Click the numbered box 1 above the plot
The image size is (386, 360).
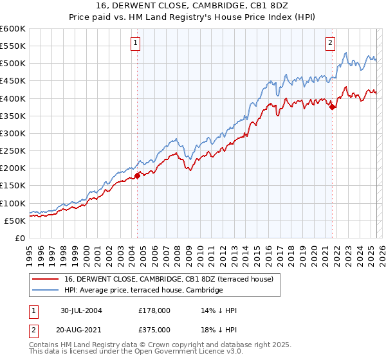pyautogui.click(x=136, y=43)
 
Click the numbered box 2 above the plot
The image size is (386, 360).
pyautogui.click(x=330, y=43)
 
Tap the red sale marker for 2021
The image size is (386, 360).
pyautogui.click(x=333, y=107)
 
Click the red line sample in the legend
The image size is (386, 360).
pyautogui.click(x=45, y=279)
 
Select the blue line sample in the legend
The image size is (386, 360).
pyautogui.click(x=45, y=291)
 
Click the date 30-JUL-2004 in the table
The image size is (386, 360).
pyautogui.click(x=82, y=310)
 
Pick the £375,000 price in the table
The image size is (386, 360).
pyautogui.click(x=154, y=329)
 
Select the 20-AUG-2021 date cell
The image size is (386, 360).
pyautogui.click(x=82, y=329)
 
